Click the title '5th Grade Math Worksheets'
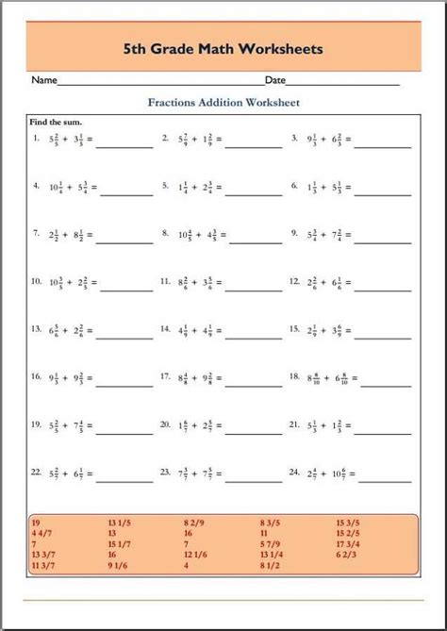[x=223, y=47]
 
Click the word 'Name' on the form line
[x=44, y=81]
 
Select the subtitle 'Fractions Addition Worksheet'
[x=223, y=102]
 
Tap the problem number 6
[x=294, y=187]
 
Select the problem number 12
[x=294, y=281]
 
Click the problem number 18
[x=294, y=376]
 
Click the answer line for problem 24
[x=385, y=476]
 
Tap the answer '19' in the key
[x=36, y=521]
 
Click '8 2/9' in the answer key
[x=193, y=521]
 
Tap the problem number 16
[x=35, y=376]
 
